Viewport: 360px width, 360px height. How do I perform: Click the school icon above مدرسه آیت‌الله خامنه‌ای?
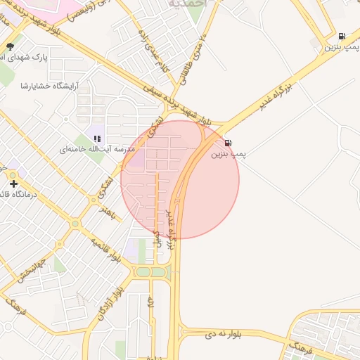(x=96, y=139)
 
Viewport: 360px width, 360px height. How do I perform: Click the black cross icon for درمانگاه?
(x=13, y=184)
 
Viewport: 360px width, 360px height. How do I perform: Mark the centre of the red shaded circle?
(x=180, y=179)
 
